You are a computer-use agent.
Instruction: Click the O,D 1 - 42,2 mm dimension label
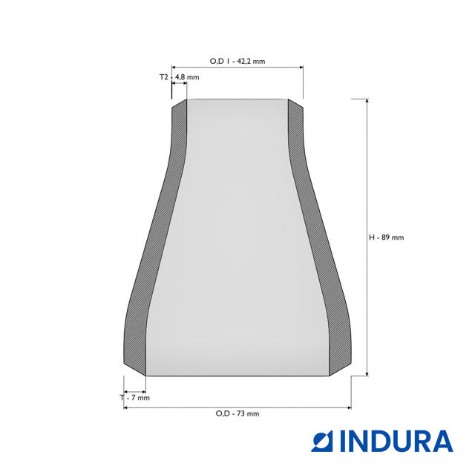237,61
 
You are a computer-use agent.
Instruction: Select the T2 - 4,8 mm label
180,77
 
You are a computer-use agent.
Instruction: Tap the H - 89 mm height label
386,237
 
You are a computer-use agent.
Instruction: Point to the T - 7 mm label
135,398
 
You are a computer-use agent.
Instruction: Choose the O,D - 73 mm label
237,413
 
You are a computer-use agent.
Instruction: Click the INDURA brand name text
396,441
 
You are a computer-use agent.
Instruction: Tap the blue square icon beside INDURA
321,441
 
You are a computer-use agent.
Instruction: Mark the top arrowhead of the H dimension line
367,102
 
